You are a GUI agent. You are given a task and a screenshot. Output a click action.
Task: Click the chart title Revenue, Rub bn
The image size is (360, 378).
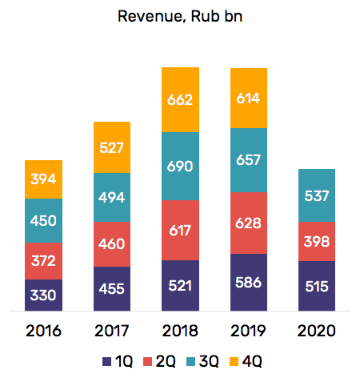[x=179, y=16]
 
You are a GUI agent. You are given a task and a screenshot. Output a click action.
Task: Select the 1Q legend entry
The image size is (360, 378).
[x=114, y=360]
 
